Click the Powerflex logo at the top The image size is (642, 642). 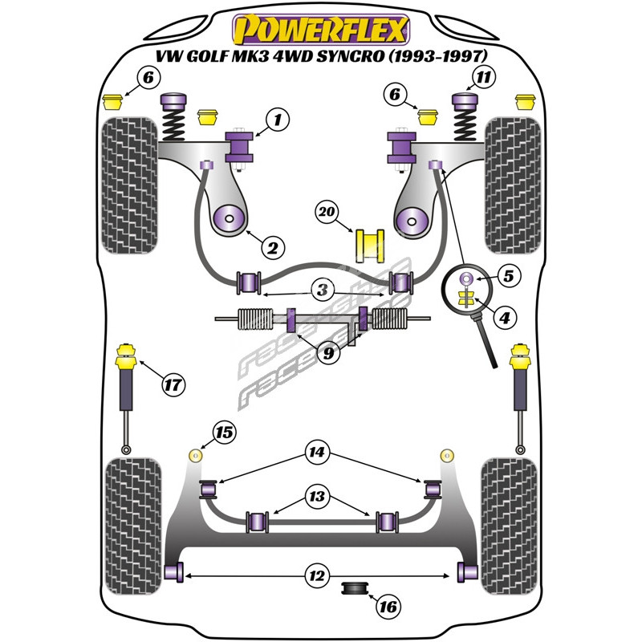321,30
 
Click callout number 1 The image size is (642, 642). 275,121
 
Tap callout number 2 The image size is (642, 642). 271,249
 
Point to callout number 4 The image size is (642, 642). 504,319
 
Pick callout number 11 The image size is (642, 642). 481,79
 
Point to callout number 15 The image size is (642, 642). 225,434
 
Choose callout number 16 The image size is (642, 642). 388,607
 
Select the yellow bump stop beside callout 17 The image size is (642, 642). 126,354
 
